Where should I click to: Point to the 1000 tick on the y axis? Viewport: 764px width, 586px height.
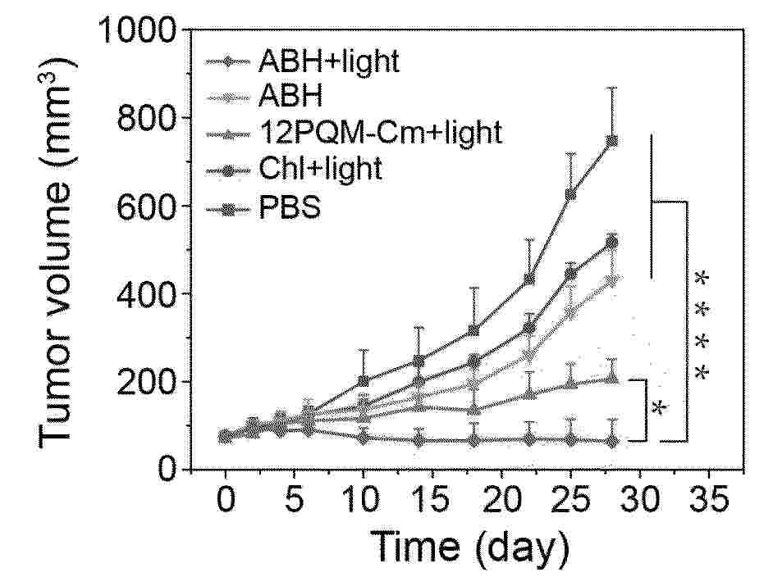139,31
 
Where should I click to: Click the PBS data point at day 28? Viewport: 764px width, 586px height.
611,140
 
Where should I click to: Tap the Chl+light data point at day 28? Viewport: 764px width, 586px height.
611,242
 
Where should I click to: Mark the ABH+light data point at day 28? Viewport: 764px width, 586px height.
611,441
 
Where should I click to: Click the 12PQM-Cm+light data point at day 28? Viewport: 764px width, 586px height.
611,378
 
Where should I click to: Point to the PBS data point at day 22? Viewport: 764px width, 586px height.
529,279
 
